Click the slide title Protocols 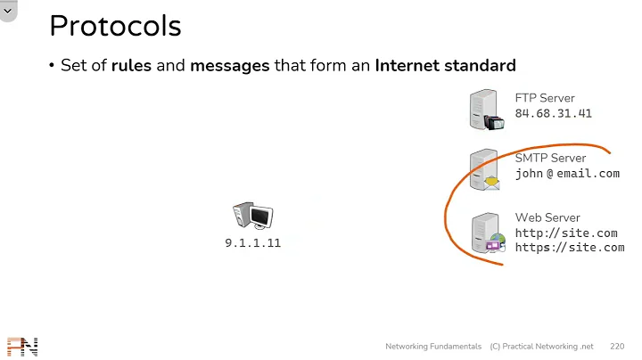click(x=115, y=25)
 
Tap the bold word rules click(x=131, y=65)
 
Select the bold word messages click(x=229, y=65)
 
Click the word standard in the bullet click(x=482, y=65)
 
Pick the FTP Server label click(x=545, y=98)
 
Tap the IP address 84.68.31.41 click(x=553, y=113)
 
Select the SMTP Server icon click(x=485, y=170)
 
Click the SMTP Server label click(x=550, y=158)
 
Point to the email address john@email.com click(x=567, y=174)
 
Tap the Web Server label click(x=547, y=217)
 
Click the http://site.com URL click(x=566, y=233)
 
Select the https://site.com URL click(x=570, y=248)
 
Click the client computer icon click(x=252, y=217)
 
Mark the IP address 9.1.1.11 click(x=252, y=242)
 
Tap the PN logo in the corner click(x=22, y=347)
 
